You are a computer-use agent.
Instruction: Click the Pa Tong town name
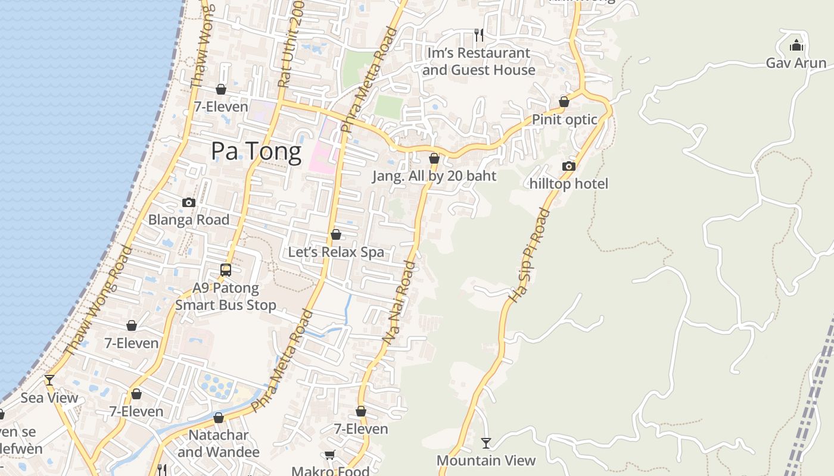click(x=256, y=152)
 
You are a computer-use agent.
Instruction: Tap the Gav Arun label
click(x=796, y=63)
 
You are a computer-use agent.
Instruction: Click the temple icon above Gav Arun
click(x=796, y=45)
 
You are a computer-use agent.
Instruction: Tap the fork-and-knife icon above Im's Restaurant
click(x=478, y=35)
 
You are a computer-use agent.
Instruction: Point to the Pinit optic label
click(x=564, y=120)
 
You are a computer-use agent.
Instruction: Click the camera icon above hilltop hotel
click(x=569, y=166)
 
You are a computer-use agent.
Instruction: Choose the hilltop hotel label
click(x=569, y=184)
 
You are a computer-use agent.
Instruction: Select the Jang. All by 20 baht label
click(x=434, y=176)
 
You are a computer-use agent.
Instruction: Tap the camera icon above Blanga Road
click(x=189, y=202)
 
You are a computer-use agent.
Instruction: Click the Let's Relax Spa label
click(x=336, y=252)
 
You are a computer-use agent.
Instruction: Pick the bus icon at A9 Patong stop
click(x=226, y=270)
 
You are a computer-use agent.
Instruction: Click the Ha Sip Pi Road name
click(x=529, y=254)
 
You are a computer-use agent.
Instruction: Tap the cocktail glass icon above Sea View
click(x=49, y=380)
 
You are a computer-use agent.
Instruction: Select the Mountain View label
click(x=486, y=461)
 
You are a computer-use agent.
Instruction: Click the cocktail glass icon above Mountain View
click(x=486, y=443)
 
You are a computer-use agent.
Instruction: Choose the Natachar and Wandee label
click(x=219, y=443)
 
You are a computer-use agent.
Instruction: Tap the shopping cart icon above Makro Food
click(x=330, y=455)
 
